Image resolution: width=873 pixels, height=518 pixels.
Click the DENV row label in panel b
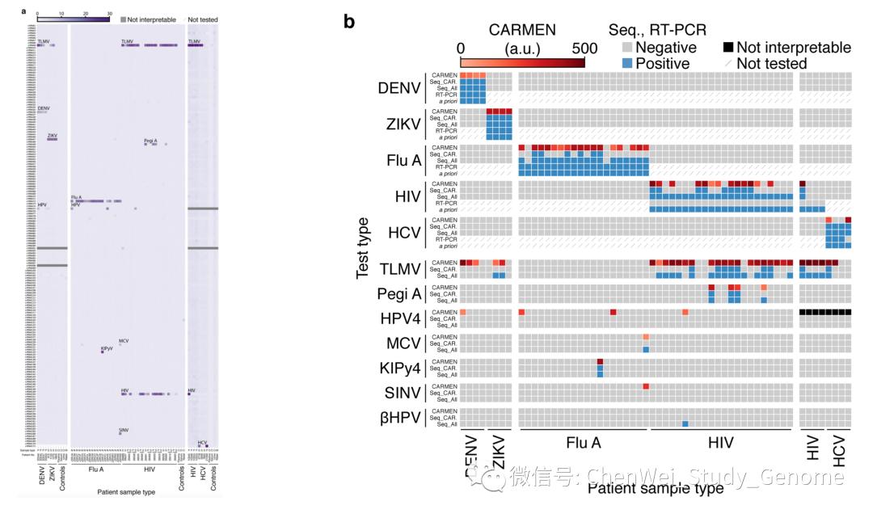(399, 88)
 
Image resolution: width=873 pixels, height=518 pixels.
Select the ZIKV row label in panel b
(402, 124)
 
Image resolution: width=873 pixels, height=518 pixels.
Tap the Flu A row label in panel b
(404, 160)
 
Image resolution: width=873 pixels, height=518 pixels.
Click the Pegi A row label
(399, 294)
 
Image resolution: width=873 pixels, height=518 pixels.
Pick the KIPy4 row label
(400, 369)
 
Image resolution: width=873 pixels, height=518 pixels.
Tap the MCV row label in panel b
(403, 344)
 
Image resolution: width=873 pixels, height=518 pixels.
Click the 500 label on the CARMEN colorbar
(584, 48)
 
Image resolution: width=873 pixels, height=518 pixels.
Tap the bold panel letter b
(349, 22)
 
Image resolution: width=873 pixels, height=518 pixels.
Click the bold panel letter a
(23, 11)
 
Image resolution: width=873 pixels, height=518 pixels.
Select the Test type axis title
(365, 248)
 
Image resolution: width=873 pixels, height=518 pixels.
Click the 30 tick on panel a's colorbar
(108, 13)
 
